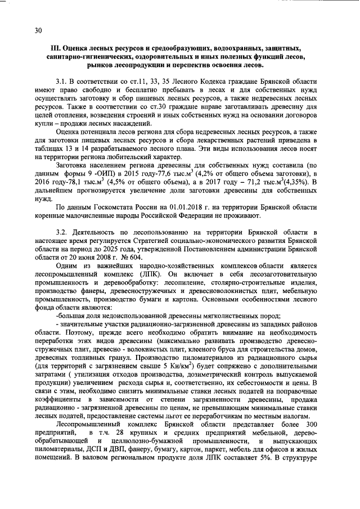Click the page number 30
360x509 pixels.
(38, 31)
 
